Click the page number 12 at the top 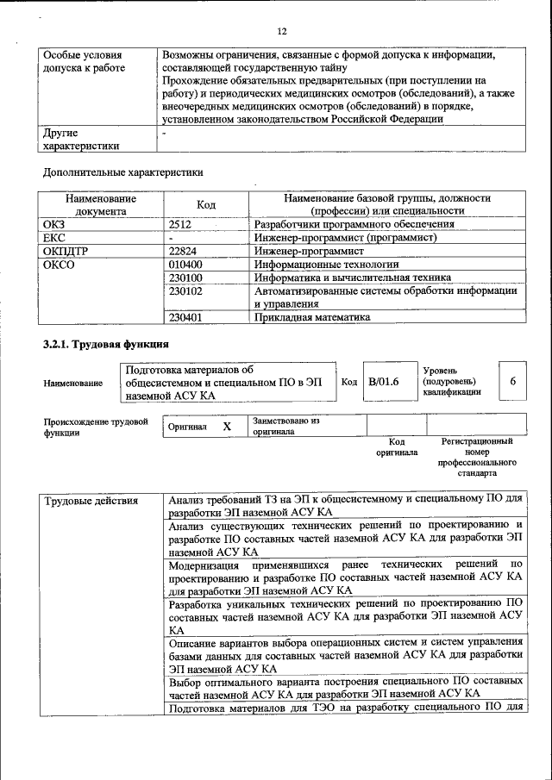(x=281, y=32)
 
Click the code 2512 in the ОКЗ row (x=182, y=224)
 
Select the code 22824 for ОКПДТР (x=185, y=251)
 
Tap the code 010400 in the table (x=186, y=265)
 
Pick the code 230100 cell (x=186, y=278)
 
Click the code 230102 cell (x=186, y=291)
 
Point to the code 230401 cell (x=186, y=317)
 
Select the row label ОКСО (x=59, y=265)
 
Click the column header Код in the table (x=206, y=204)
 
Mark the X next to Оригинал (x=227, y=427)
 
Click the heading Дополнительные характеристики (x=123, y=172)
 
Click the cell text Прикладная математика (x=312, y=317)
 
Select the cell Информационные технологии (x=326, y=265)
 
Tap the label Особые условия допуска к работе (x=84, y=61)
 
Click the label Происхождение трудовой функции (x=96, y=427)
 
